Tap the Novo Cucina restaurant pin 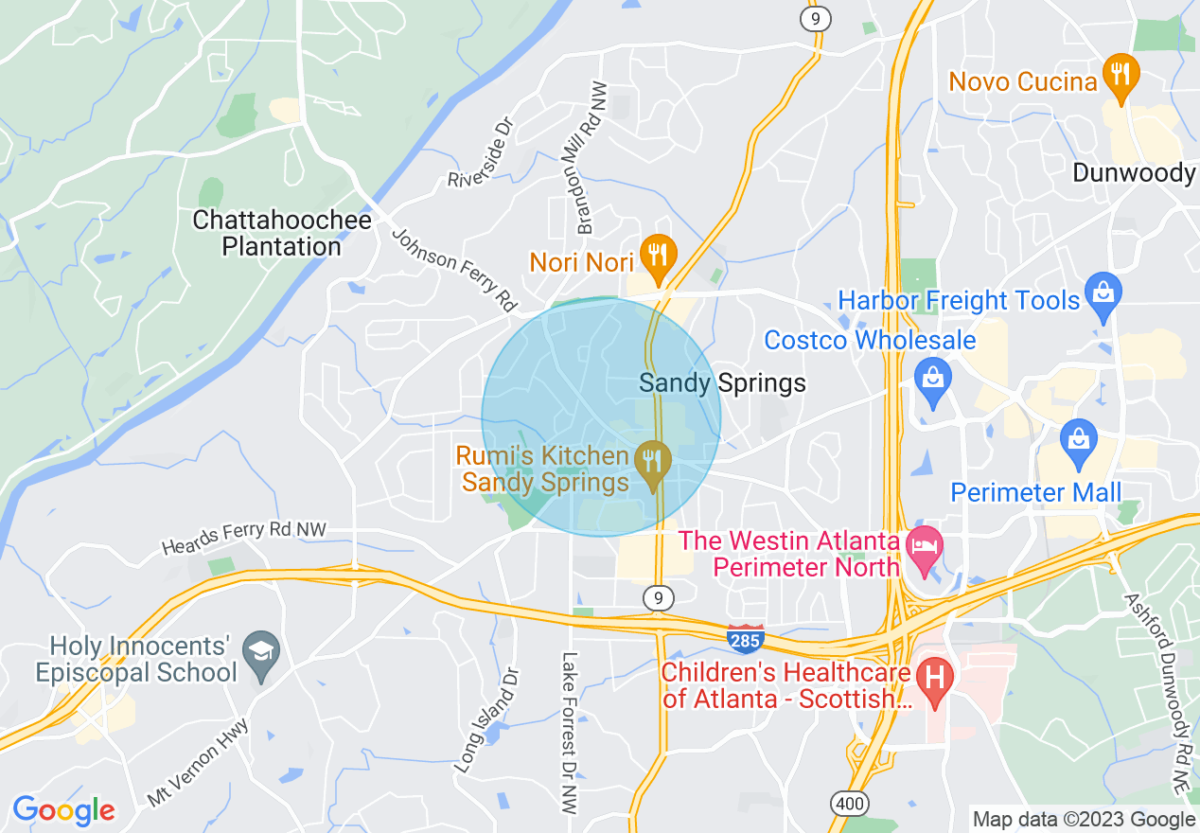pyautogui.click(x=1121, y=77)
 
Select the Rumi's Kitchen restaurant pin pyautogui.click(x=652, y=462)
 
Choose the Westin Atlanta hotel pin pyautogui.click(x=922, y=548)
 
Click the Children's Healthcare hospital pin pyautogui.click(x=935, y=680)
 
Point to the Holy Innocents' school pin pyautogui.click(x=260, y=652)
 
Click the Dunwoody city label pyautogui.click(x=1134, y=172)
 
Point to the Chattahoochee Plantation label pyautogui.click(x=281, y=234)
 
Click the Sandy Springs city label pyautogui.click(x=723, y=382)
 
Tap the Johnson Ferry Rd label pyautogui.click(x=453, y=271)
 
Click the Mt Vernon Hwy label pyautogui.click(x=198, y=762)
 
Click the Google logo pyautogui.click(x=64, y=810)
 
